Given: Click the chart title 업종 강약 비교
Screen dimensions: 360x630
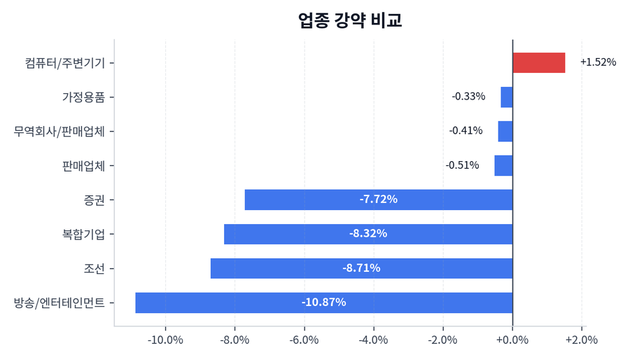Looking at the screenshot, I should click(x=350, y=20).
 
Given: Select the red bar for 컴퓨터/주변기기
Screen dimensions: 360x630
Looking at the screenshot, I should click(x=538, y=62).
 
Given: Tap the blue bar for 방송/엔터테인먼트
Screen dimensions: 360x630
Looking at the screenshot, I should click(x=323, y=303).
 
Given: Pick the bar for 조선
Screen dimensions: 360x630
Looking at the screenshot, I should click(x=361, y=268).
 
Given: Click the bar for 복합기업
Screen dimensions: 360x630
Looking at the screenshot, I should click(x=368, y=234).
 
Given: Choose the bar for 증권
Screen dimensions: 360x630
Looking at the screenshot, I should click(x=379, y=200).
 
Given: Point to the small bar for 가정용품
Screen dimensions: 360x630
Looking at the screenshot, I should click(x=507, y=97).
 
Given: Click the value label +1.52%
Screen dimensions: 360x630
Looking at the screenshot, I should click(x=598, y=62).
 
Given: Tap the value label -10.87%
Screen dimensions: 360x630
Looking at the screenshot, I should click(x=323, y=303).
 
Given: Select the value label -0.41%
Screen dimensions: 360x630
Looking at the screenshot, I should click(x=465, y=131).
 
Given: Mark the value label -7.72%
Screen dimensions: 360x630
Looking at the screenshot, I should click(x=379, y=200).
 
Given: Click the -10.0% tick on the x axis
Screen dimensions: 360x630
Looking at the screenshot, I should click(x=166, y=340).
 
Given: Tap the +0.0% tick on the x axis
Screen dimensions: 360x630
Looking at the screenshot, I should click(x=512, y=340).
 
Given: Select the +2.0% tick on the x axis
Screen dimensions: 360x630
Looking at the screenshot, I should click(x=582, y=340).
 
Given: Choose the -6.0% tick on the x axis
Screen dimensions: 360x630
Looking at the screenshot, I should click(x=304, y=340).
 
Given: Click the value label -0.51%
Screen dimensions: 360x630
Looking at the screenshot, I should click(x=462, y=165).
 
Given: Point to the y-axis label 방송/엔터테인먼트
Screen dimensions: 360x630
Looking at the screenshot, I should click(x=59, y=303).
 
